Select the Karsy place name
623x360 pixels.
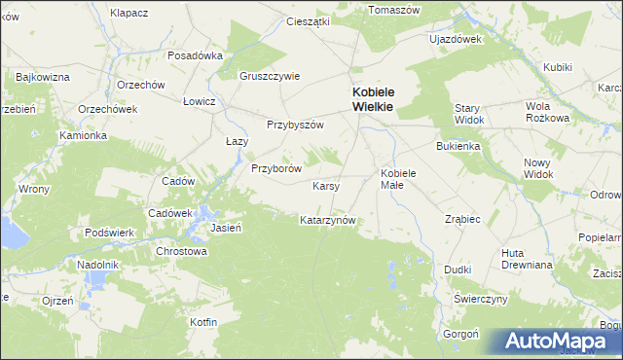tap(325, 185)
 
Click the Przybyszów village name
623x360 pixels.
tap(295, 125)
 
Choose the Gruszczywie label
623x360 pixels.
tap(270, 76)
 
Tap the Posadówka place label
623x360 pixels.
tap(196, 55)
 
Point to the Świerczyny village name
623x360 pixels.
tap(481, 299)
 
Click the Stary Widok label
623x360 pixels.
tap(469, 113)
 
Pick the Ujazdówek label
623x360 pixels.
tap(457, 40)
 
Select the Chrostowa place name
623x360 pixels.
tap(182, 251)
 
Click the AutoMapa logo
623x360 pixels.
tap(562, 342)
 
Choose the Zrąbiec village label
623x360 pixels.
tap(462, 219)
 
